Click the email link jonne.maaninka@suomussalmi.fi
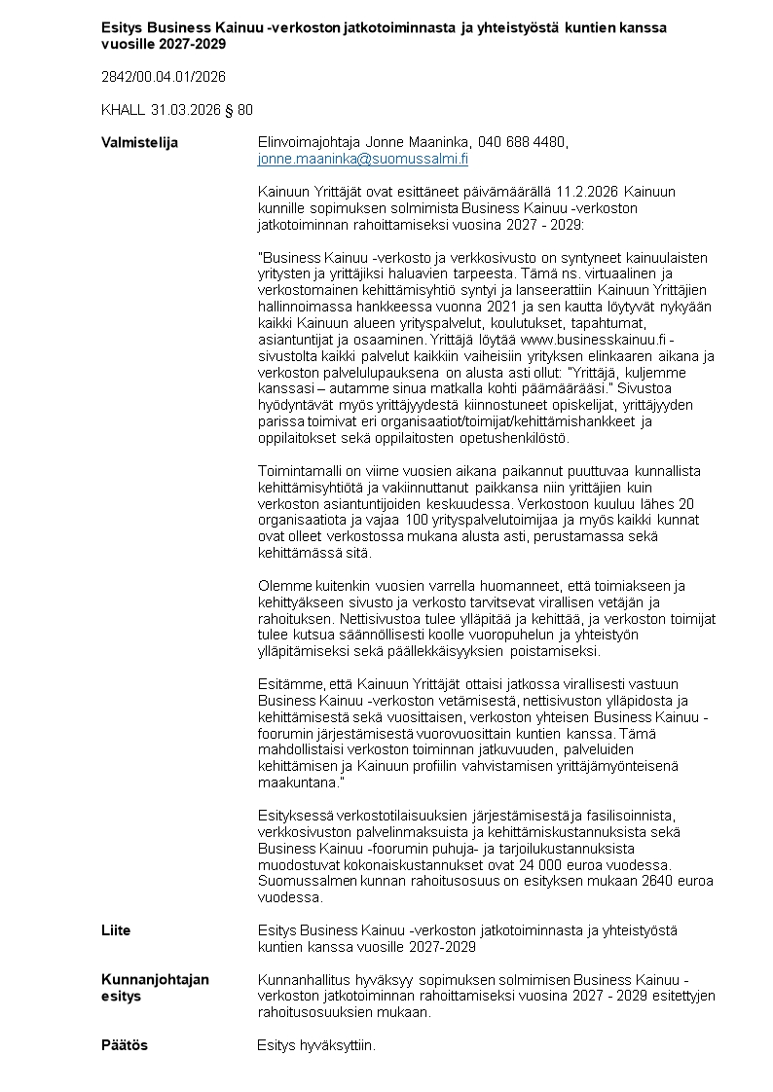[x=362, y=159]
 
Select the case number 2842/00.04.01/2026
[x=164, y=76]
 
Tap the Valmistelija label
[x=140, y=143]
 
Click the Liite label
[x=116, y=930]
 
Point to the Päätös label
[x=125, y=1045]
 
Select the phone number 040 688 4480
[x=522, y=143]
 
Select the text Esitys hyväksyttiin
[x=315, y=1045]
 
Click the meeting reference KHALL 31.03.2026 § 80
[x=177, y=110]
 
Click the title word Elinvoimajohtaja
[x=308, y=143]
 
